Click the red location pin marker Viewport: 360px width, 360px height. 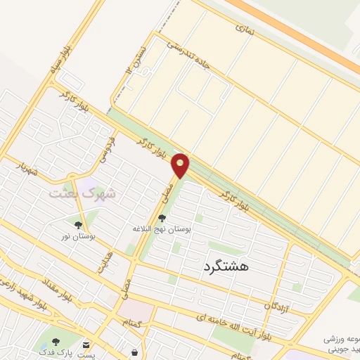coord(181,165)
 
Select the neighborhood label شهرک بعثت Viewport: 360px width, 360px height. coord(83,192)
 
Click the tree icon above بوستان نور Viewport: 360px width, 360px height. coord(79,225)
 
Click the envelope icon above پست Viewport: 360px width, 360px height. coord(86,344)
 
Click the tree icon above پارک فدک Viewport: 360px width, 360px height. coord(56,342)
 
